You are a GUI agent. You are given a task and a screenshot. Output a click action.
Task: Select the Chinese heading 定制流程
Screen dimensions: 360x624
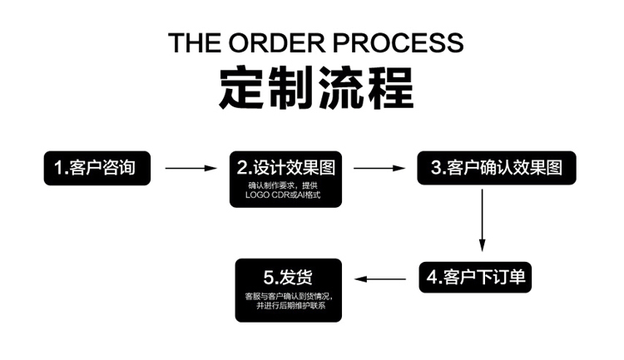coord(316,86)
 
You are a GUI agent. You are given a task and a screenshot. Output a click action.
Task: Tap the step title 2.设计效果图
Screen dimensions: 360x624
coord(285,167)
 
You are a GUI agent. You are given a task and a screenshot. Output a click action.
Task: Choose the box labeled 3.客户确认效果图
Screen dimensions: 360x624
coord(497,167)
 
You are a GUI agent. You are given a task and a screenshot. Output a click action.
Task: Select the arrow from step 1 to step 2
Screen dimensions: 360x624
coord(191,168)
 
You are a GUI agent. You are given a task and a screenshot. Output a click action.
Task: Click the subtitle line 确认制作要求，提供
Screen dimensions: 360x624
coord(283,185)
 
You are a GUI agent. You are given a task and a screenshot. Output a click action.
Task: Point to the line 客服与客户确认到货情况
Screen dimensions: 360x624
coord(288,296)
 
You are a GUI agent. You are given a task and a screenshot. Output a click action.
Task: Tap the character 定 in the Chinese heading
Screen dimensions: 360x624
coord(243,86)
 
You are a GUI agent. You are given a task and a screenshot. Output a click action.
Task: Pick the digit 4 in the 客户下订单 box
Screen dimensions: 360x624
coord(433,277)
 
